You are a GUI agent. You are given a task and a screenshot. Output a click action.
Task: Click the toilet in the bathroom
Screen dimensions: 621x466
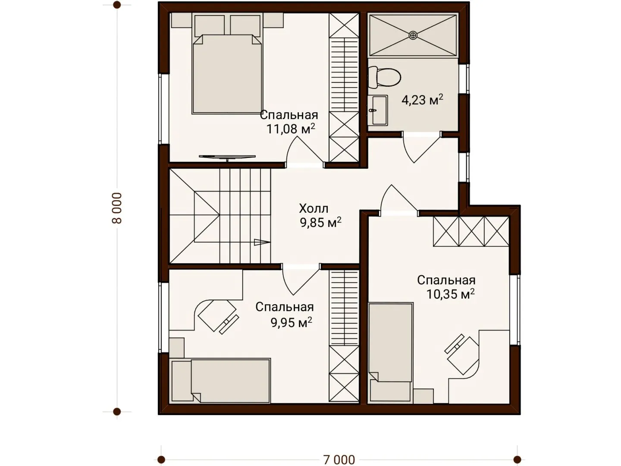[384, 77]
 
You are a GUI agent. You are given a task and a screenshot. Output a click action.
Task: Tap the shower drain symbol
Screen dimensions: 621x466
[413, 35]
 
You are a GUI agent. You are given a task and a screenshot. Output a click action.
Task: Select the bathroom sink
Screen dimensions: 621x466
[378, 110]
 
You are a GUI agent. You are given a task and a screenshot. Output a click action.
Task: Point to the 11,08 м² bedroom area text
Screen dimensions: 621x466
[291, 129]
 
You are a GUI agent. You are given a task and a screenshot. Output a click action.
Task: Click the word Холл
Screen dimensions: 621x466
[314, 209]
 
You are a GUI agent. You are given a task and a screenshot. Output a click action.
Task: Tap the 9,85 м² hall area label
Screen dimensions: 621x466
[320, 223]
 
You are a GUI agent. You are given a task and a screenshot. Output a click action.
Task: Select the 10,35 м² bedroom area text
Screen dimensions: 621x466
[450, 294]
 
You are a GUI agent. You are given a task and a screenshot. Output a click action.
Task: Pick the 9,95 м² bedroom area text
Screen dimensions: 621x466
[292, 322]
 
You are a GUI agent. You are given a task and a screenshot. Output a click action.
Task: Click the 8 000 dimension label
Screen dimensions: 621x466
[117, 208]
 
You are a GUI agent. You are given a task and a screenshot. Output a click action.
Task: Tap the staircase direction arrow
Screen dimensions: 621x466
[262, 242]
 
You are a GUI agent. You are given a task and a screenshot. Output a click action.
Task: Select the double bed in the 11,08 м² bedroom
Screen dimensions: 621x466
[227, 74]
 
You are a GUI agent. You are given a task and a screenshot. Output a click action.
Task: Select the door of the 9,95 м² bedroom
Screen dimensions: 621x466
[301, 279]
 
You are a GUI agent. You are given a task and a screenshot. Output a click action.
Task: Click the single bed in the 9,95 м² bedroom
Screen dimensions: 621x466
[221, 381]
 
